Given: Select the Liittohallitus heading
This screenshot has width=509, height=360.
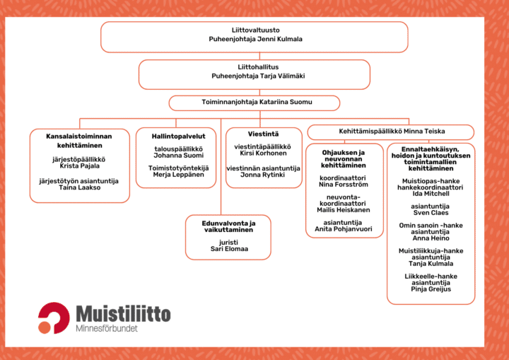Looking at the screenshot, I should (254, 66).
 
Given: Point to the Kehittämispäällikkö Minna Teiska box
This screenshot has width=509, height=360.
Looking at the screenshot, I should (390, 132).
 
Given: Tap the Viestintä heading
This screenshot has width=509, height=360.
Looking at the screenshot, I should (264, 133).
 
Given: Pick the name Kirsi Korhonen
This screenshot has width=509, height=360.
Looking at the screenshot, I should (264, 153).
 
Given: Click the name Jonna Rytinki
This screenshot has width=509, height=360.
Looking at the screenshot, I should (264, 175).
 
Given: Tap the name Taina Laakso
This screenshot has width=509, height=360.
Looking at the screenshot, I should (79, 187).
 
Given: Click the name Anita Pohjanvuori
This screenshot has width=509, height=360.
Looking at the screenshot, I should (343, 228).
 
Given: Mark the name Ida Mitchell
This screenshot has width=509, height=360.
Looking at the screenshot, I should (431, 193).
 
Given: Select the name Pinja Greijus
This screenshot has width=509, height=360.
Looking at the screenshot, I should (431, 289).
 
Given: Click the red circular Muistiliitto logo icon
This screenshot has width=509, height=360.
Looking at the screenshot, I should (54, 318).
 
